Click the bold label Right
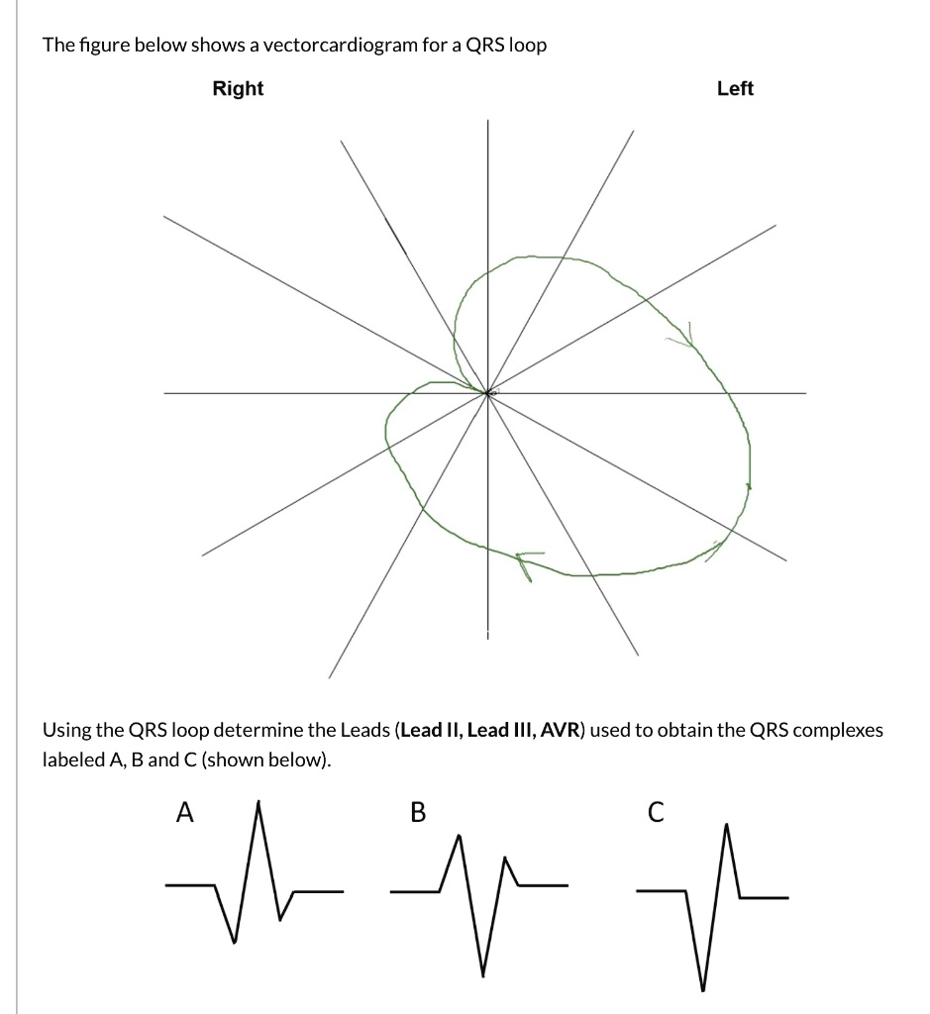238,89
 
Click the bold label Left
735,89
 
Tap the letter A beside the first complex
183,813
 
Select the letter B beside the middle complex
417,813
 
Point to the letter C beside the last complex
653,813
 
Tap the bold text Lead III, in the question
502,731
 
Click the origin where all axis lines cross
486,393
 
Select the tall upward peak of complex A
258,803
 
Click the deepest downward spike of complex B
483,974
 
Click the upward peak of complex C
727,824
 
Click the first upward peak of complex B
459,837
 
